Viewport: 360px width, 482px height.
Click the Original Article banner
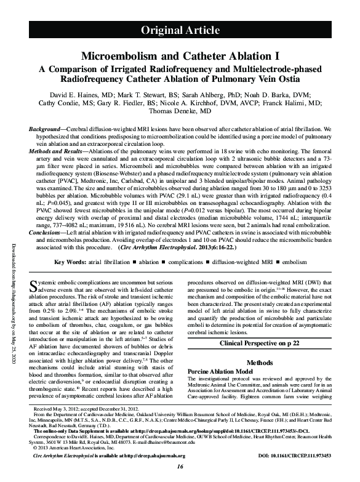(180, 30)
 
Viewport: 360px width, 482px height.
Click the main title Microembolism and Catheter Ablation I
(180, 55)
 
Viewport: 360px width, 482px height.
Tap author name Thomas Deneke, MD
(180, 113)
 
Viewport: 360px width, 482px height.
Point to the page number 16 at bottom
(180, 468)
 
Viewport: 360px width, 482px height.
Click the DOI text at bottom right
(294, 456)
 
